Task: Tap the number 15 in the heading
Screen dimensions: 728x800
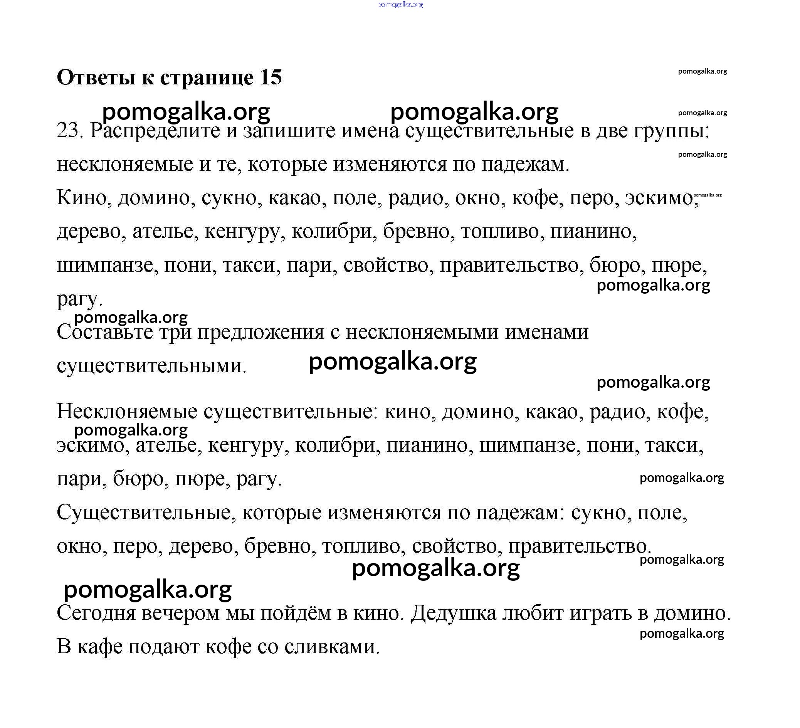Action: (271, 77)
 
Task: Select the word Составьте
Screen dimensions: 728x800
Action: (104, 332)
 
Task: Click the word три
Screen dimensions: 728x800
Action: (175, 333)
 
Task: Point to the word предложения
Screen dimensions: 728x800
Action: (261, 333)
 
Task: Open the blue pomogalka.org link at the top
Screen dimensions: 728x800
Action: (400, 4)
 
